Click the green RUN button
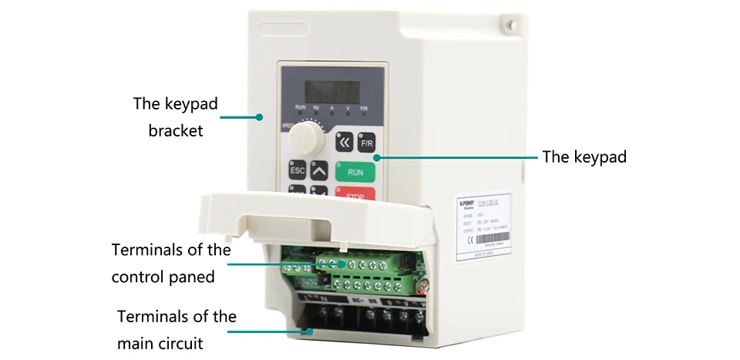355,172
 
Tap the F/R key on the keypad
368,143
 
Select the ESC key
298,171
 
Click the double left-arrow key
345,143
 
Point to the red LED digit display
332,89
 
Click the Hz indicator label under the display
315,109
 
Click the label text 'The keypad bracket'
176,116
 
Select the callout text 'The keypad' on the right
584,156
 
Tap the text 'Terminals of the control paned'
171,263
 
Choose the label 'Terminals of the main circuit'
177,330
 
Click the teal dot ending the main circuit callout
309,331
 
